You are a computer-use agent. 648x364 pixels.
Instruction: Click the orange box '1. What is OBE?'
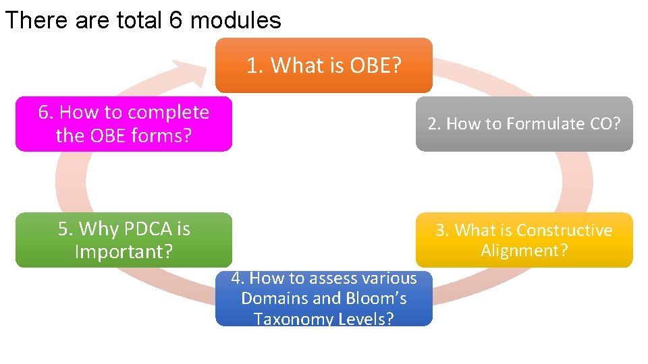tap(323, 65)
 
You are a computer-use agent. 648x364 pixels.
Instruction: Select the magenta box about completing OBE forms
tap(124, 123)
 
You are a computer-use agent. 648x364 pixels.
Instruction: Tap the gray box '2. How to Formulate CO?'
tap(524, 123)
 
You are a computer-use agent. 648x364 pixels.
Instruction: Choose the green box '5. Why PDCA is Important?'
tap(124, 240)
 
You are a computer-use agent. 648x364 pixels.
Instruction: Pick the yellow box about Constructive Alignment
tap(524, 240)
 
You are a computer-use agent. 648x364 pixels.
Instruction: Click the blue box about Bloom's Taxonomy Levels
tap(323, 298)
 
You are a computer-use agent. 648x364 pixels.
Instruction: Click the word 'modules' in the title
tap(236, 20)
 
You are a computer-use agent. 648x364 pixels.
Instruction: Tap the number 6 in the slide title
tap(175, 20)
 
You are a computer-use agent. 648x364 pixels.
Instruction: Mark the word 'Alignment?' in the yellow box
tap(524, 251)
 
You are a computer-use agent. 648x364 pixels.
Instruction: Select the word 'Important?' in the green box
tap(124, 251)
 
